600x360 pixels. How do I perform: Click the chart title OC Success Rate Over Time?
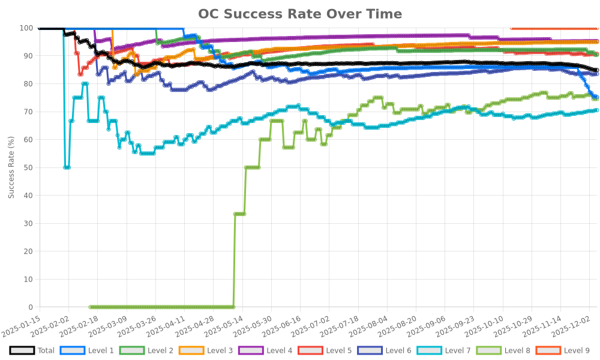pyautogui.click(x=300, y=14)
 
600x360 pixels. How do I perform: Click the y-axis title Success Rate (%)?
pyautogui.click(x=11, y=167)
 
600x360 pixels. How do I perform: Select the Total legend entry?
pyautogui.click(x=33, y=350)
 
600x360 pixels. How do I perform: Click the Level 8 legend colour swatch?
pyautogui.click(x=488, y=350)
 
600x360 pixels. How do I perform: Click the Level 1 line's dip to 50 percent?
pyautogui.click(x=67, y=167)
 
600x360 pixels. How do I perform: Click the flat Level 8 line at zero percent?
pyautogui.click(x=162, y=307)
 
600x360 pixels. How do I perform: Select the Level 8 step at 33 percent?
pyautogui.click(x=239, y=214)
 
